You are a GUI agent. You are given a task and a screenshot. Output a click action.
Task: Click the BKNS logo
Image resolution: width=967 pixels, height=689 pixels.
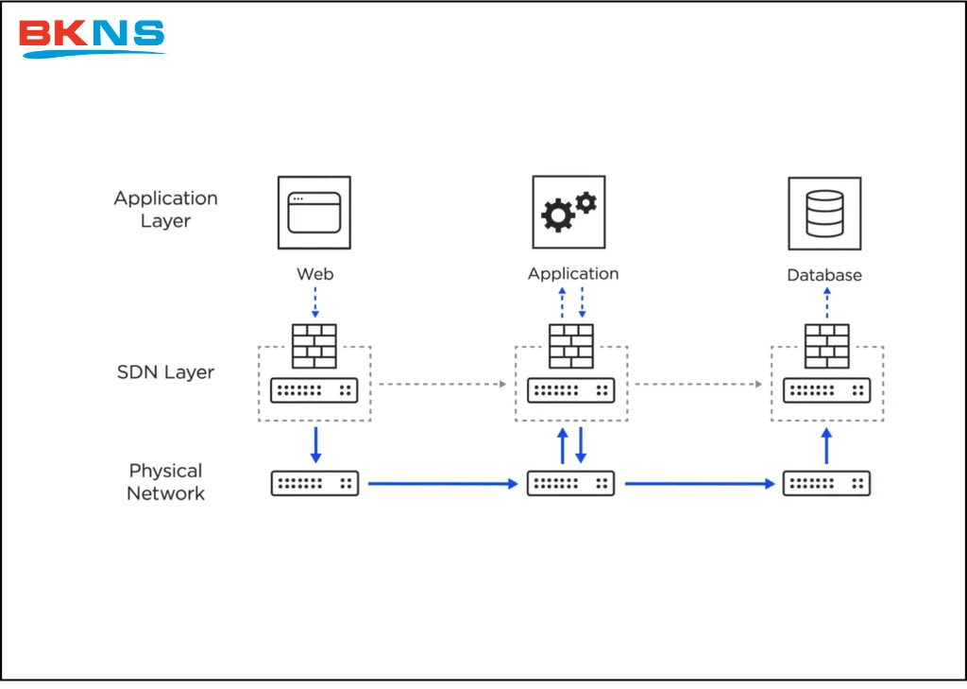point(92,37)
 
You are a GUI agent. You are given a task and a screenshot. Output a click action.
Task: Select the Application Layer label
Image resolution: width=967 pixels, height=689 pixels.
point(166,210)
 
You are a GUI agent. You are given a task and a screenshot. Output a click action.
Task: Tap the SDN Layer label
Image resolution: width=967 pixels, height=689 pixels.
point(165,372)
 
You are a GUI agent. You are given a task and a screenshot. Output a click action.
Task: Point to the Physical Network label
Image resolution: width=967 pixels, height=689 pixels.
point(166,482)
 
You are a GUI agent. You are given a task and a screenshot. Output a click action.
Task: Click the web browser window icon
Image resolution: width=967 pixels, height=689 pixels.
point(314,213)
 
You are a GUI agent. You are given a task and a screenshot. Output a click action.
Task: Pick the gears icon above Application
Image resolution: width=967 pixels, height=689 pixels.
point(568,211)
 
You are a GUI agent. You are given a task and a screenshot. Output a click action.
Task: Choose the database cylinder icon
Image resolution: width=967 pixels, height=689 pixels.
point(824,214)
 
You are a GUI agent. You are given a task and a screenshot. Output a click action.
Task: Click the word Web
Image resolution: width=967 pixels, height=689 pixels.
point(315,274)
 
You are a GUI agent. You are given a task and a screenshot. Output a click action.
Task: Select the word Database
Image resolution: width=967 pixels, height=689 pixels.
point(824,275)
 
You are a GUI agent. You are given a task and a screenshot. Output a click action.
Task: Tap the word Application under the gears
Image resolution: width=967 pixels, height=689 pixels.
point(573,274)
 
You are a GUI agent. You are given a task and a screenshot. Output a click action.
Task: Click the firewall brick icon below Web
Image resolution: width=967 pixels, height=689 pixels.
point(314,346)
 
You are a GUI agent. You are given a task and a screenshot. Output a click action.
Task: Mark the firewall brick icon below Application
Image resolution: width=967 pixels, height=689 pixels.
point(571,346)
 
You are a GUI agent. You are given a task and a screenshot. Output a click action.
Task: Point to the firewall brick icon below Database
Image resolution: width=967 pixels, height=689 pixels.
point(826,346)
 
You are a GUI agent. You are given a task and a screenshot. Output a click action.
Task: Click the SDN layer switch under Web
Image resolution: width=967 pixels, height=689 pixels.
point(314,389)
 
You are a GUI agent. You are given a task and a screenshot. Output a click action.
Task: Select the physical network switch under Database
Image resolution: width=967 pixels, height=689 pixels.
point(826,483)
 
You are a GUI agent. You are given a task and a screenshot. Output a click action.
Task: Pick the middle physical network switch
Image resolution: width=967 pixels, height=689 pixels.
point(571,483)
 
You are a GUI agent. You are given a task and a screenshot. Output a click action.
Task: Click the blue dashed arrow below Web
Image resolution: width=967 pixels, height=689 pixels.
point(315,303)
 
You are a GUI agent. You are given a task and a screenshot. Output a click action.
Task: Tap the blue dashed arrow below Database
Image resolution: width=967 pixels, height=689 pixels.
point(827,303)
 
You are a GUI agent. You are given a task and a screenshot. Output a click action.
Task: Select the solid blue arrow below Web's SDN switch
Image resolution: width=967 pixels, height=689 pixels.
point(315,444)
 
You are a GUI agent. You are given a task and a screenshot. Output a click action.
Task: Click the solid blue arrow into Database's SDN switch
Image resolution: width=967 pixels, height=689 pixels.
point(827,444)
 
